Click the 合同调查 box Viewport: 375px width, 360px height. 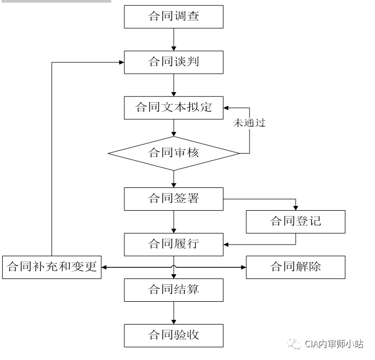click(174, 16)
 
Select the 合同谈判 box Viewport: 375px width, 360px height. click(174, 62)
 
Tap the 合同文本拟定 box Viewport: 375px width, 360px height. click(174, 107)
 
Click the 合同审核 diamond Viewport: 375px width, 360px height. click(174, 154)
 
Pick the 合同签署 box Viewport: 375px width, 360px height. click(174, 199)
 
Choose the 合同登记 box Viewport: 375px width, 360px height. click(296, 221)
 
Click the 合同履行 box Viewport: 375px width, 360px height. click(174, 244)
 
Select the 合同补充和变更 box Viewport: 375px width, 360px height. click(52, 267)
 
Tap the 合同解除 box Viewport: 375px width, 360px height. click(296, 267)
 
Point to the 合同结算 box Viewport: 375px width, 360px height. click(174, 290)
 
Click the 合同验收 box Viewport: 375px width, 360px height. click(174, 335)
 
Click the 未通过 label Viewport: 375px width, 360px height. click(249, 123)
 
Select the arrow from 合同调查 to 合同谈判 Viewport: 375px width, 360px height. click(174, 39)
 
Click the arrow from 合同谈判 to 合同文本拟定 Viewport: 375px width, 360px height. click(174, 85)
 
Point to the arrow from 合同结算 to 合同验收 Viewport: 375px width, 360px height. click(174, 312)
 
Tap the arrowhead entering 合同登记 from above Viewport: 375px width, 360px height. click(296, 207)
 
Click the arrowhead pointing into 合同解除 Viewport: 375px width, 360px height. click(243, 267)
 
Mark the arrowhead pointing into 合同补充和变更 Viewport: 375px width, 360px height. click(105, 267)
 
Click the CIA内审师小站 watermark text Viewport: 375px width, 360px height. click(334, 344)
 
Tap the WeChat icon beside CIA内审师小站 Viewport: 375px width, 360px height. click(294, 344)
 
